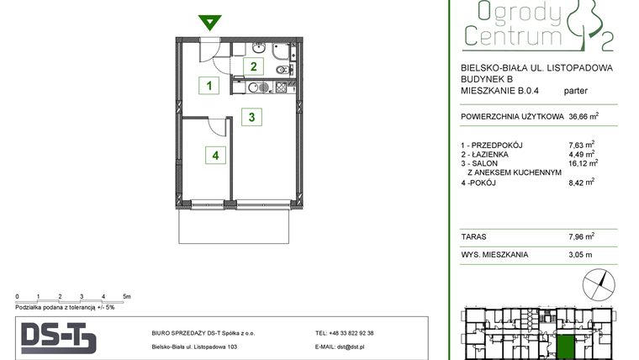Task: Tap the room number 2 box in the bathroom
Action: [x=253, y=66]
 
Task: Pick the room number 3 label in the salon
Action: [x=251, y=117]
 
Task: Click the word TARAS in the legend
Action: [x=473, y=236]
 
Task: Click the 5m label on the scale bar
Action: [x=125, y=297]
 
